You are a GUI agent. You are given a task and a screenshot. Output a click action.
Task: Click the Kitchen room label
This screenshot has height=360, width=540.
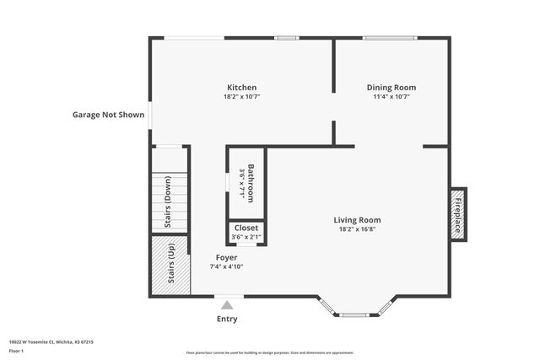coord(241,88)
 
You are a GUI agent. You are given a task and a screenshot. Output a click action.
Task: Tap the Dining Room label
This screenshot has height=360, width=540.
coord(391,88)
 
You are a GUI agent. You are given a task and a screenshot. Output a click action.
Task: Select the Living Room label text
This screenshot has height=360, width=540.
coord(357,219)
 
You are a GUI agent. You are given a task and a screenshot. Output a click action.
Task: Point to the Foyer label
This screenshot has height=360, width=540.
coord(226,257)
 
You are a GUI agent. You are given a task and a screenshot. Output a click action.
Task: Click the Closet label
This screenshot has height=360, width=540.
coord(246,228)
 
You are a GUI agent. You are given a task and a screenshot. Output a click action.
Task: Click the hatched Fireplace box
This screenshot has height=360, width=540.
coord(458,213)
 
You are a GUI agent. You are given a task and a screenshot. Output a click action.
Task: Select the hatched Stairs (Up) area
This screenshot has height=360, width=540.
coord(170,266)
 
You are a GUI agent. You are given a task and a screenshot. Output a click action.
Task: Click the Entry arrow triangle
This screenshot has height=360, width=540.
coord(227,305)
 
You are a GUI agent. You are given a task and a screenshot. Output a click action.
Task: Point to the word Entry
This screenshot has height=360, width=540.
coord(227,319)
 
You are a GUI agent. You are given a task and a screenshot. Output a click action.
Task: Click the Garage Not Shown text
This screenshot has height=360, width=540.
coord(108,115)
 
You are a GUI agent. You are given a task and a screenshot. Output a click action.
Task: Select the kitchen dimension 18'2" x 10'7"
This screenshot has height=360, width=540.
coord(241,97)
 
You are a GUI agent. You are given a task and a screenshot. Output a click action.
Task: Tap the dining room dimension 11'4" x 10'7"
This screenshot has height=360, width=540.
coord(391,97)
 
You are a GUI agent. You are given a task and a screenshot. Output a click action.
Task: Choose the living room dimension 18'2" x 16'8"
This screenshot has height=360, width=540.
coord(357,228)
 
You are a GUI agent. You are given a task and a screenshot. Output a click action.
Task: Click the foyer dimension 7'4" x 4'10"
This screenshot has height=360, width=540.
coord(226,266)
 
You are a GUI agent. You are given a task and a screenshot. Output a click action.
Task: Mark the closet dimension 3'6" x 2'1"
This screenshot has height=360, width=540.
coord(246,237)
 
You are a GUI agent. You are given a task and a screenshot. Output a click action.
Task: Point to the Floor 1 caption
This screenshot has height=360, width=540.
coord(15,350)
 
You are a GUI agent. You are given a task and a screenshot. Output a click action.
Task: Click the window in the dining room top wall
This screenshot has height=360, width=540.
coord(389,37)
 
